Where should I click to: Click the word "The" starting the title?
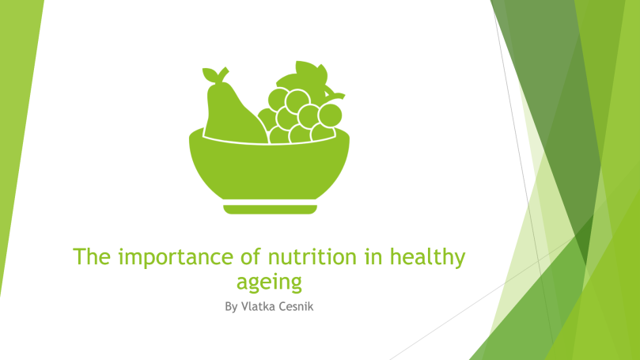92,256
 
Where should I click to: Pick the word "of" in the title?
251,256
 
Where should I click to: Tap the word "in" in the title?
373,256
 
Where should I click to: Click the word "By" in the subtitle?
231,307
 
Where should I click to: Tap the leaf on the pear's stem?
210,74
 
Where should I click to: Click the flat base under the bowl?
271,210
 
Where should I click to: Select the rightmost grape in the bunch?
330,115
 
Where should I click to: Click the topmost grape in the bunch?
297,101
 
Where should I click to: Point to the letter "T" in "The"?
79,257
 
